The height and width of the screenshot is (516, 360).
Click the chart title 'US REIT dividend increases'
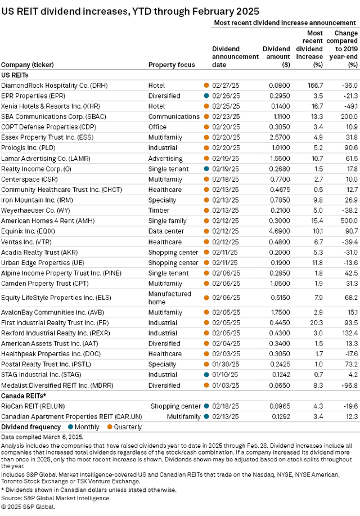(x=65, y=11)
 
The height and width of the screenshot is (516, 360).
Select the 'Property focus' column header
(x=172, y=65)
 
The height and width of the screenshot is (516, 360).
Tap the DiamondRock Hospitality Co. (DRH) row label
(x=55, y=86)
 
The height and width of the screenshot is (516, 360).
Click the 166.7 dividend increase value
(x=315, y=86)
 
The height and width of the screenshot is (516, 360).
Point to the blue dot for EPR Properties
(x=206, y=96)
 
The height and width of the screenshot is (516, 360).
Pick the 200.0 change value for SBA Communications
(x=349, y=116)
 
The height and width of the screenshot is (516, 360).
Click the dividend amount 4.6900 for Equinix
(x=280, y=231)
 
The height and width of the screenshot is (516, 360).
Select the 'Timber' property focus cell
(x=159, y=210)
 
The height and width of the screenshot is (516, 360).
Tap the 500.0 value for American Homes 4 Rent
(x=349, y=221)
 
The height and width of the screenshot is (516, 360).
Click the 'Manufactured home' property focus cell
(x=169, y=298)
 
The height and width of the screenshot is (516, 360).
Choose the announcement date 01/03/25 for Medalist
(x=226, y=385)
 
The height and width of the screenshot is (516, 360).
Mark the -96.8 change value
(x=349, y=385)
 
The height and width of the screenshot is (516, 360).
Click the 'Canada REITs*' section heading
(x=24, y=396)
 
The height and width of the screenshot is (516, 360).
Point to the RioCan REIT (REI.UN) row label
(x=33, y=406)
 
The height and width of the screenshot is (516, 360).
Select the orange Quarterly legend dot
(x=110, y=427)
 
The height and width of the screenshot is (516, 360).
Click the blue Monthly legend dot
(x=70, y=427)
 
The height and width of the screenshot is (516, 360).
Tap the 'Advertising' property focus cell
(x=165, y=159)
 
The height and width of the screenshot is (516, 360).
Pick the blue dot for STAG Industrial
(x=206, y=375)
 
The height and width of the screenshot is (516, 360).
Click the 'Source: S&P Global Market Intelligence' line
(x=56, y=498)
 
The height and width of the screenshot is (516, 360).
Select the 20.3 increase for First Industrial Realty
(x=317, y=323)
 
